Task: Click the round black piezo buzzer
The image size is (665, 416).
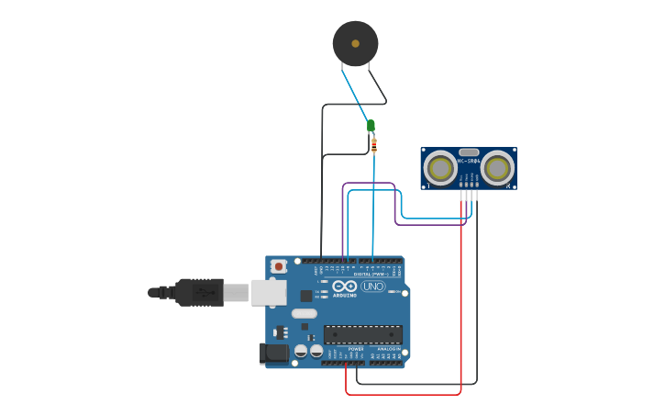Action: [x=355, y=43]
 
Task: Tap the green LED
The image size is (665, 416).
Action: [x=371, y=126]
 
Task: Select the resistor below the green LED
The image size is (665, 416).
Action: [x=373, y=144]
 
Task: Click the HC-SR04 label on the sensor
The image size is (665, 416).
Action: [x=469, y=162]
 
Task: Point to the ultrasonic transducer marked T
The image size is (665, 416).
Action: [x=440, y=168]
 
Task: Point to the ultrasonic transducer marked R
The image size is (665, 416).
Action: [x=496, y=168]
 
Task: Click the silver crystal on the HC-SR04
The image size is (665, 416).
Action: [x=469, y=152]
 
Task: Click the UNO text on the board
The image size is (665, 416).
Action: [x=372, y=287]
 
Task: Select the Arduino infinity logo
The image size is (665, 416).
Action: [x=344, y=286]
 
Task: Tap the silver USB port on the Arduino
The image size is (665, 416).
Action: [x=269, y=292]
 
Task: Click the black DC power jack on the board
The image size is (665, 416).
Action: [x=273, y=353]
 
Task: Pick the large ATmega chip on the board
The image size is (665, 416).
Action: [x=362, y=334]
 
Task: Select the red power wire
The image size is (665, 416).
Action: [x=460, y=303]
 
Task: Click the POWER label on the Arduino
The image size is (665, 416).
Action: [x=356, y=349]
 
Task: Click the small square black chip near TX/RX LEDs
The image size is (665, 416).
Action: [x=305, y=296]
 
